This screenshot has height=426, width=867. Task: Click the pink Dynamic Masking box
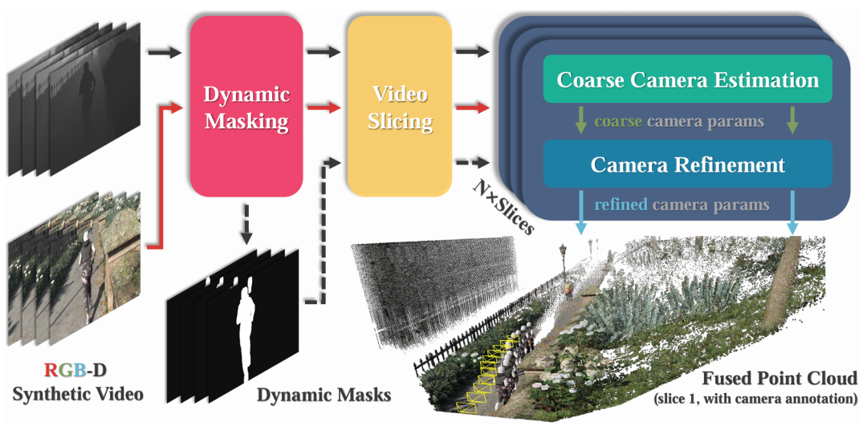pos(246,108)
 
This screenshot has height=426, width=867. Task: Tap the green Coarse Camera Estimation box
pos(688,80)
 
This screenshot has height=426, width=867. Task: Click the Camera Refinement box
pos(688,164)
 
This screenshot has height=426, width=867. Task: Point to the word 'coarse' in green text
pos(618,123)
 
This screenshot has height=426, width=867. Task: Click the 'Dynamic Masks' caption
pos(324,394)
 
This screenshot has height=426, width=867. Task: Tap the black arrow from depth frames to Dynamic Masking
pos(165,53)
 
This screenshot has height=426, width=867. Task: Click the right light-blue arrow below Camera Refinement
pos(793,212)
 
